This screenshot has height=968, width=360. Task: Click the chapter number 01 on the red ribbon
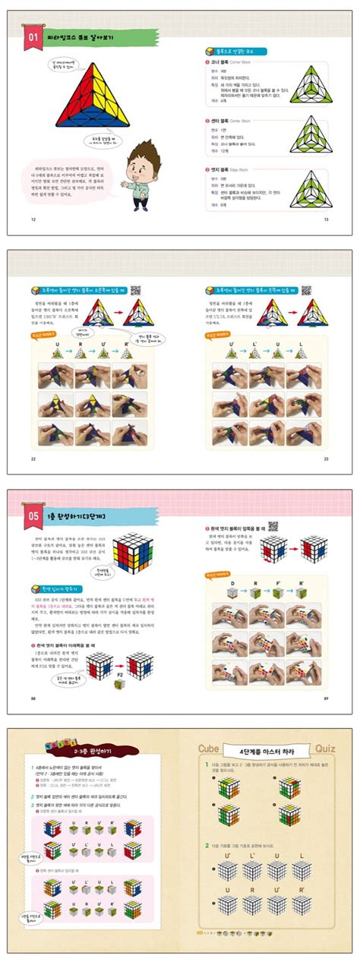click(x=33, y=36)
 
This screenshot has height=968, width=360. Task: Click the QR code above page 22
click(x=136, y=290)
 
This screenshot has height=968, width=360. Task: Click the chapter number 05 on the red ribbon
click(x=33, y=517)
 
